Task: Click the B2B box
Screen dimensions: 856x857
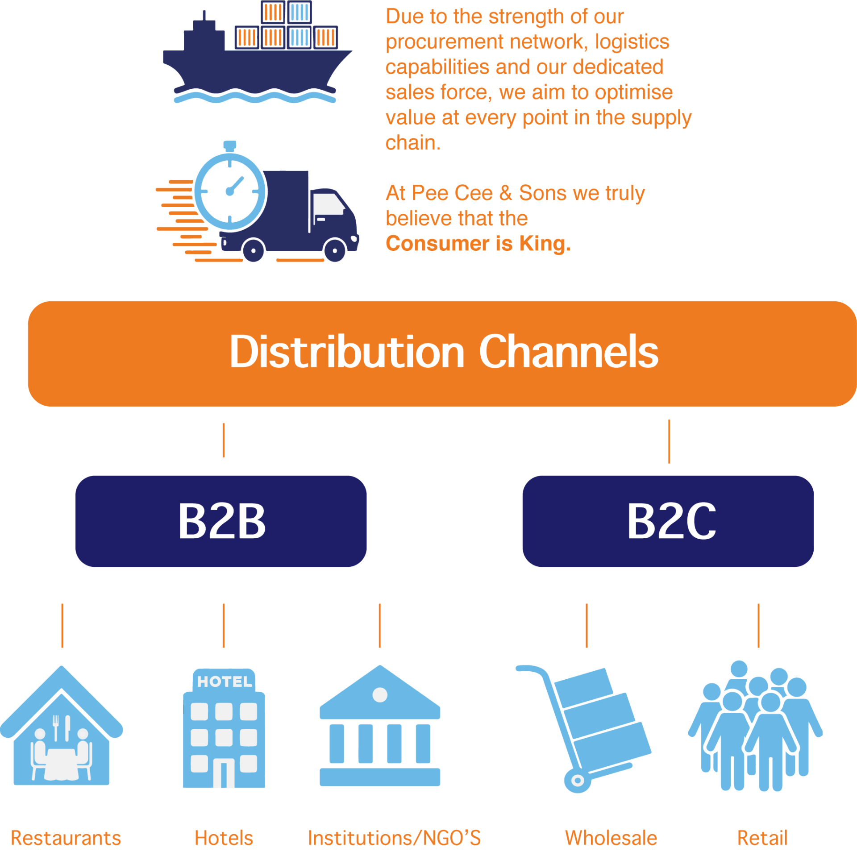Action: [x=221, y=521]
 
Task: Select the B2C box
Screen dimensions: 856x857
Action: [x=668, y=521]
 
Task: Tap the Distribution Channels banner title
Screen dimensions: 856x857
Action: [x=444, y=353]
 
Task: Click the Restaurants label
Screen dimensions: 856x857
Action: [x=66, y=838]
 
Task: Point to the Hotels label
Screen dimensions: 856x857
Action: [x=224, y=838]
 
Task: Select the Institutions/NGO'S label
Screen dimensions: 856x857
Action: [x=394, y=838]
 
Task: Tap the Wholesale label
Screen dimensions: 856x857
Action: [x=611, y=838]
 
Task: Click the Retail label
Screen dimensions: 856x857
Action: [x=762, y=838]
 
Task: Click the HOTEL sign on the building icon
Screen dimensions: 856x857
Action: [x=225, y=681]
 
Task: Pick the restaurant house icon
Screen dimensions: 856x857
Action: [x=62, y=732]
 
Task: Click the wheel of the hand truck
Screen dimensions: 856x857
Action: [x=577, y=781]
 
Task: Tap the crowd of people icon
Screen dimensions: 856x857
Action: [x=755, y=727]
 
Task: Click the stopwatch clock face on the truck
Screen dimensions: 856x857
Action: [x=230, y=191]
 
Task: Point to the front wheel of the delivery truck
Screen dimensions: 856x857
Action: [x=335, y=250]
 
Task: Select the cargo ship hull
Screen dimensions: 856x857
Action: [x=254, y=71]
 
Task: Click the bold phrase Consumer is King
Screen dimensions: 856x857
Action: [x=478, y=244]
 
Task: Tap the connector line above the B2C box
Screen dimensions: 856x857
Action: [x=669, y=441]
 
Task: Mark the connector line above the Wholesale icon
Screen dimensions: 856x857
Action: [x=586, y=625]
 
